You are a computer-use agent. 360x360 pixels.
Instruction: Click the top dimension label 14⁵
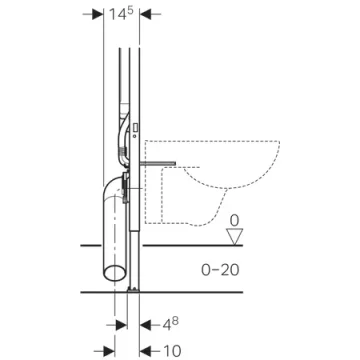pyautogui.click(x=122, y=15)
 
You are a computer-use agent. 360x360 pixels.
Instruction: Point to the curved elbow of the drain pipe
pyautogui.click(x=108, y=198)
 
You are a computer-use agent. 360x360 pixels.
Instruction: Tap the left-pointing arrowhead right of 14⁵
pyautogui.click(x=145, y=15)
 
